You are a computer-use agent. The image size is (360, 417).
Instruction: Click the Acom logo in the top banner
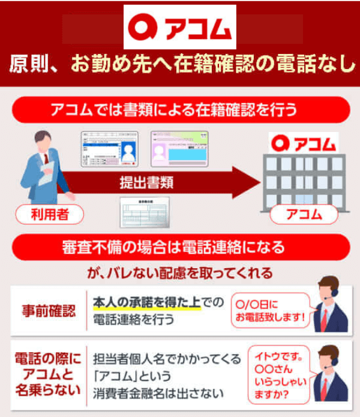tap(180, 27)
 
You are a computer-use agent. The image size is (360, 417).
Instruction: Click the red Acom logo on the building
tap(304, 143)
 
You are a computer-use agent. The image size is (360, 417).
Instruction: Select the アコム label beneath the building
tap(304, 214)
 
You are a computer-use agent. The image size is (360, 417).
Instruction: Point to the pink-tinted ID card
tap(179, 150)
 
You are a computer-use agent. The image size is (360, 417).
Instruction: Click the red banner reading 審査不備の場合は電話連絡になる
tap(180, 247)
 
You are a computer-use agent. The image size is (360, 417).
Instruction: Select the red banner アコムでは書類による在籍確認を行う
tap(180, 110)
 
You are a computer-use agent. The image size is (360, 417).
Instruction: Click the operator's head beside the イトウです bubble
tap(329, 355)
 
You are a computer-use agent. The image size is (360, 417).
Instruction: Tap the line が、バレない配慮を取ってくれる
tap(180, 273)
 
